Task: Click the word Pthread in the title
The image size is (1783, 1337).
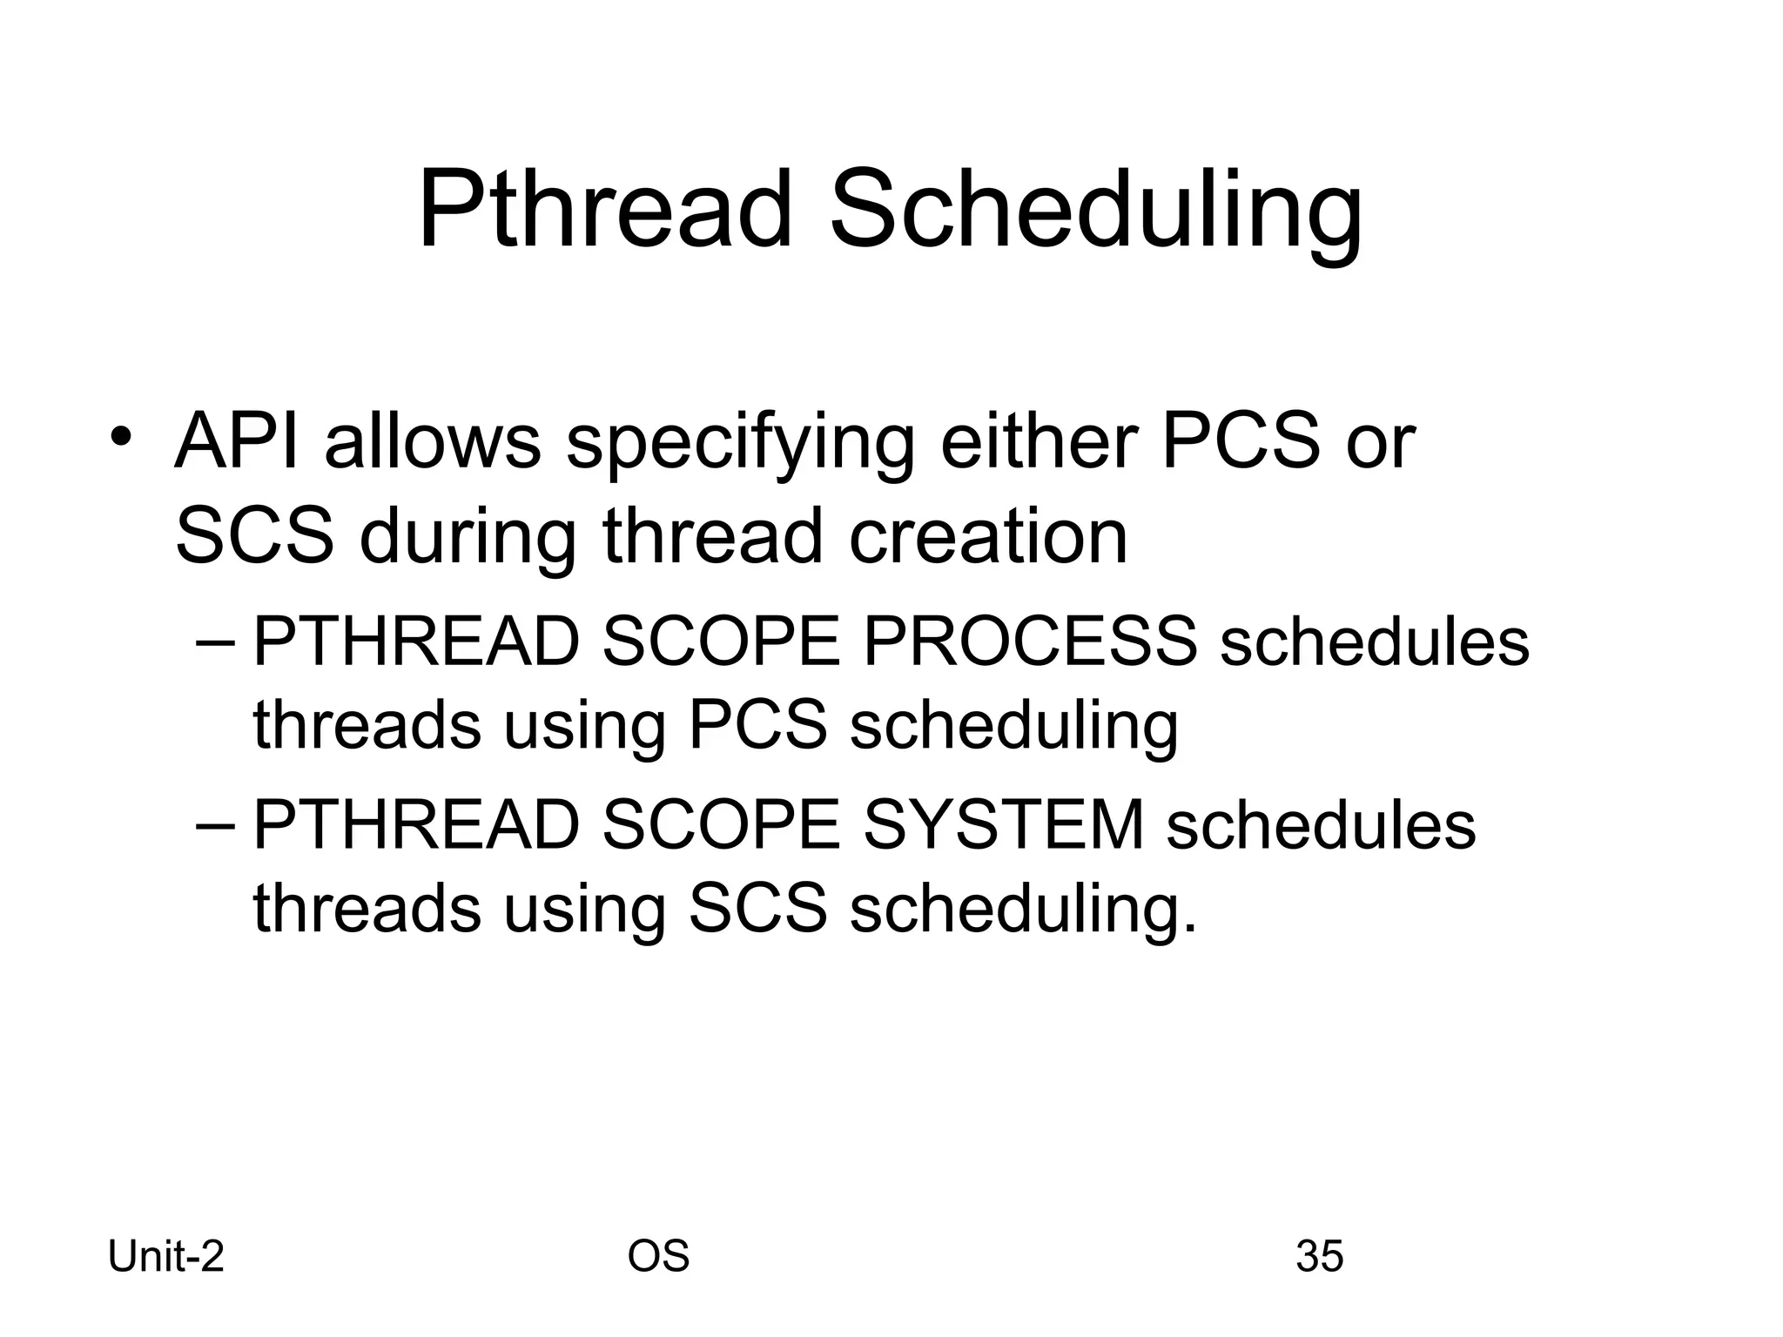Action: click(605, 212)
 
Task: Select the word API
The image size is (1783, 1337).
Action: click(237, 441)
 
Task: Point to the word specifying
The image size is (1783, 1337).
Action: click(740, 444)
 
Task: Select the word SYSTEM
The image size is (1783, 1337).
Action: click(1003, 824)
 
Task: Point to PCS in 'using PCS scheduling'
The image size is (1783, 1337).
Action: click(757, 725)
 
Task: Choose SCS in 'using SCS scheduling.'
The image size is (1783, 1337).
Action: click(757, 908)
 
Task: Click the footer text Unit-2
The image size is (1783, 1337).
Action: click(166, 1257)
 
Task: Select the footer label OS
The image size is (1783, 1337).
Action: click(658, 1257)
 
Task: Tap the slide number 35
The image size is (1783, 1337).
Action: click(1319, 1257)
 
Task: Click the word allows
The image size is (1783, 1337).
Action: click(433, 441)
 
